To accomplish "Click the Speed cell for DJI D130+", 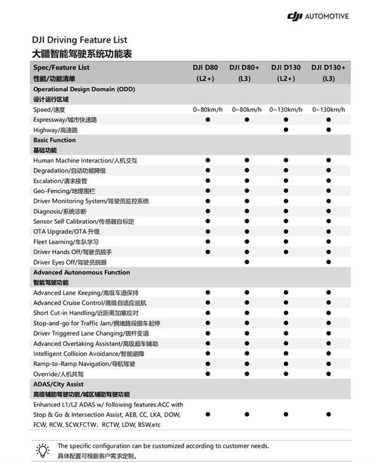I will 328,109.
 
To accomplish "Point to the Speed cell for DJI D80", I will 208,109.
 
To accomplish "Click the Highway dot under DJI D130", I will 286,130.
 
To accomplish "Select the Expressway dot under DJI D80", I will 208,119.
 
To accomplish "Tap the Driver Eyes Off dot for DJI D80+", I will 246,262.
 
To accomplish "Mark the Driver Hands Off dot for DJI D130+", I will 328,252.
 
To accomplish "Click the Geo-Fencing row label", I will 64,191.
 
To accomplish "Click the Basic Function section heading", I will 55,140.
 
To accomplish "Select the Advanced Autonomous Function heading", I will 81,272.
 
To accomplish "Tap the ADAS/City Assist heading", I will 58,384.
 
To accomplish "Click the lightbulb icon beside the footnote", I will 43,450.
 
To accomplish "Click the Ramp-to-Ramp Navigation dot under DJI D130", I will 286,364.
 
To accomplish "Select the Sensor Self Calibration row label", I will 84,221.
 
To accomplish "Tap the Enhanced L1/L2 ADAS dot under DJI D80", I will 208,414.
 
